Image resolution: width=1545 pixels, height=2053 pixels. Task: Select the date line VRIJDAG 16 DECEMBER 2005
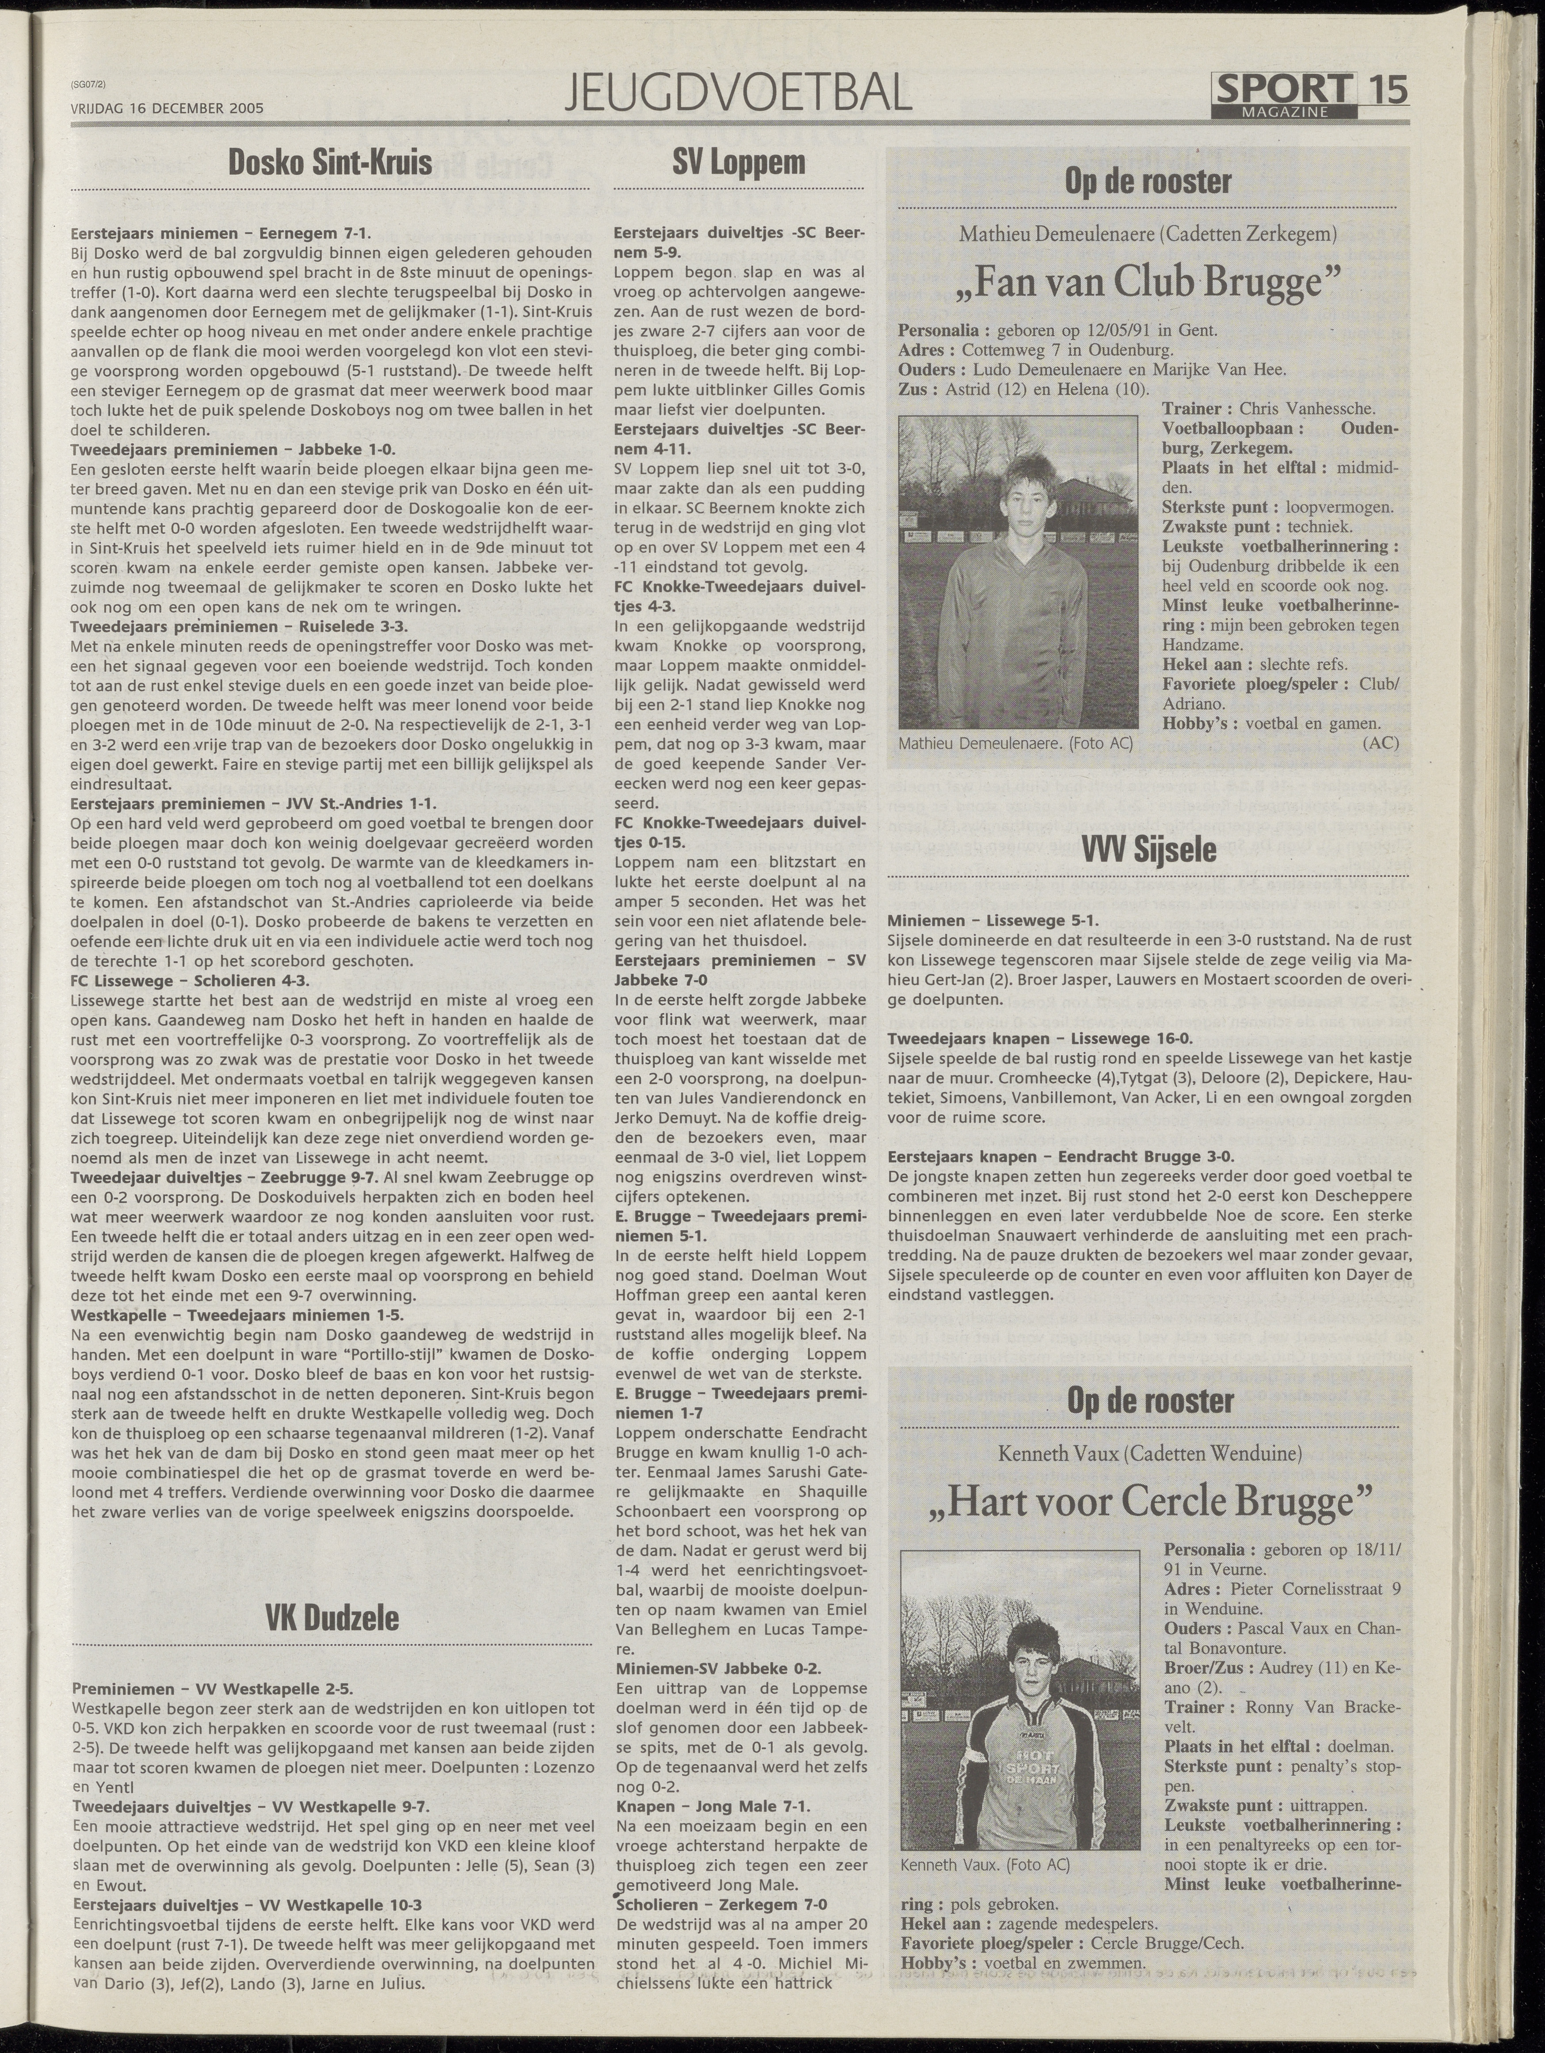click(x=167, y=107)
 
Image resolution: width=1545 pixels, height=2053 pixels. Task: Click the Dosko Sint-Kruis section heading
click(x=330, y=163)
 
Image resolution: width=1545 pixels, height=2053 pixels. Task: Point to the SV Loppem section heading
click(x=739, y=163)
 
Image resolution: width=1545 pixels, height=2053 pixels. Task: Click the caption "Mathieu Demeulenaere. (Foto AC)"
click(x=1015, y=743)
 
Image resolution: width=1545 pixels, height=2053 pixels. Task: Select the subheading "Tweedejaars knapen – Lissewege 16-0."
click(x=1040, y=1038)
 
